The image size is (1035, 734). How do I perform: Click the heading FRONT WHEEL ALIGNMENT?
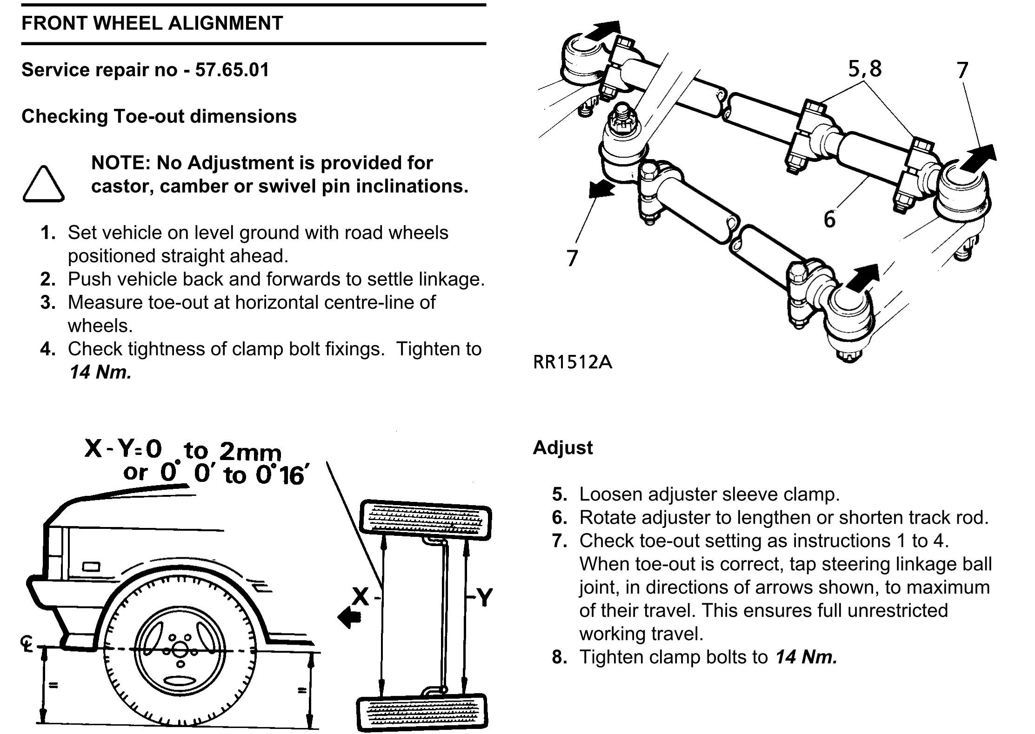(x=152, y=23)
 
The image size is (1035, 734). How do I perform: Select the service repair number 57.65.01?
(x=232, y=70)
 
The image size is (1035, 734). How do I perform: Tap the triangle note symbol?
(x=43, y=185)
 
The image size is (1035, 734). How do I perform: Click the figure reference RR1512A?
(x=572, y=362)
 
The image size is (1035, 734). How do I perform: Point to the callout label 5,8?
(x=865, y=68)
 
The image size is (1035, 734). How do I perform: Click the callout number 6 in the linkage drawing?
(x=829, y=219)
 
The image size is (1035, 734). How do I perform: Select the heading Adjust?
(x=562, y=447)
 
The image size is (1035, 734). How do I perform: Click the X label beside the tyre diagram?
(x=361, y=596)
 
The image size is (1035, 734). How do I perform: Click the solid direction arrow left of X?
(x=350, y=617)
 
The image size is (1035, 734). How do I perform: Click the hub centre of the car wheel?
(x=180, y=651)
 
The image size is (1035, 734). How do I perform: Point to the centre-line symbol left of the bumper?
(x=26, y=644)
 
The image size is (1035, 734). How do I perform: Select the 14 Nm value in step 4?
(x=100, y=372)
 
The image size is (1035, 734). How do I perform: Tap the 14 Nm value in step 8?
(x=806, y=657)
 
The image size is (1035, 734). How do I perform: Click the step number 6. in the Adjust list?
(x=559, y=517)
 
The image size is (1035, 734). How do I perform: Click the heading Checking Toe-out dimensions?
(x=159, y=116)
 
